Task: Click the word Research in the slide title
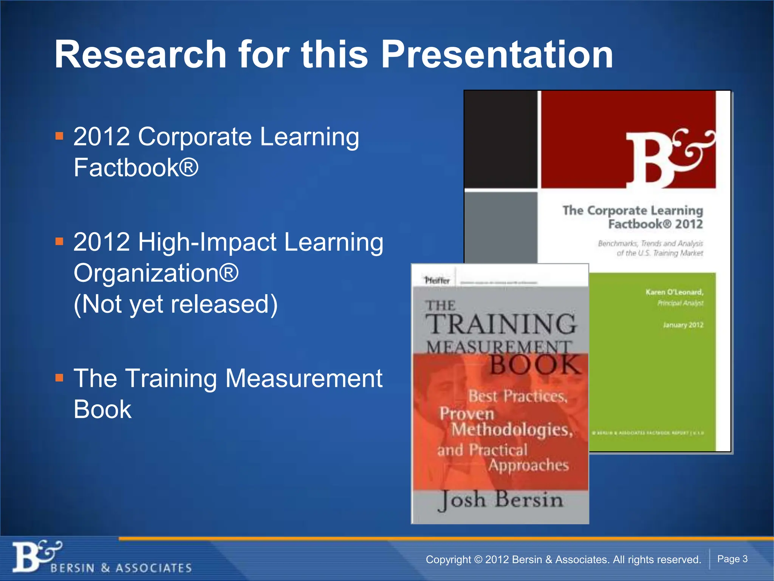click(140, 54)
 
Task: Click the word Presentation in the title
click(497, 54)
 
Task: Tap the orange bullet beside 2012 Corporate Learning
click(59, 136)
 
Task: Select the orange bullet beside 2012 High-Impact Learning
click(59, 241)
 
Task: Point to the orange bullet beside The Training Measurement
click(59, 377)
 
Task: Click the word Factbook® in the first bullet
click(136, 168)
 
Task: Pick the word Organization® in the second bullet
click(156, 273)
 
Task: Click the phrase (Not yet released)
click(175, 304)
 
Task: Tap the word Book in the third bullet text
click(102, 409)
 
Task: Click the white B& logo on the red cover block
click(669, 159)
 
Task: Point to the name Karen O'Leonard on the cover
click(674, 292)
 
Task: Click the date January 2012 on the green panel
click(683, 325)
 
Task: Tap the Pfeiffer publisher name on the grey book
click(437, 281)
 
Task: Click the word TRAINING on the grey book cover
click(501, 325)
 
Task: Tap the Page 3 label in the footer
click(732, 559)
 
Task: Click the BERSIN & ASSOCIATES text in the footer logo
click(121, 568)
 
